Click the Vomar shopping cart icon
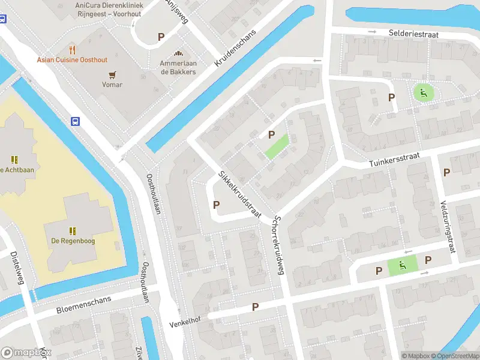pyautogui.click(x=112, y=74)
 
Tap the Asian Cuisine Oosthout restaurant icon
pyautogui.click(x=73, y=49)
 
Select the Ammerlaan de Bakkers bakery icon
pyautogui.click(x=178, y=53)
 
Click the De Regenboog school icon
pyautogui.click(x=73, y=230)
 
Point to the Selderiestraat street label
pyautogui.click(x=413, y=35)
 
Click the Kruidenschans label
pyautogui.click(x=235, y=48)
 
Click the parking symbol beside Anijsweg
pyautogui.click(x=161, y=37)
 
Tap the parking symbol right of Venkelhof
pyautogui.click(x=255, y=307)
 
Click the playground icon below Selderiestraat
pyautogui.click(x=423, y=92)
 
